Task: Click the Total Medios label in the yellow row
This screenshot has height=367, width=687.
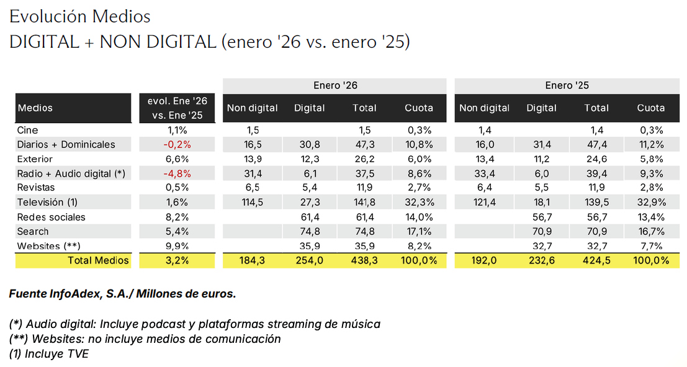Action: point(99,260)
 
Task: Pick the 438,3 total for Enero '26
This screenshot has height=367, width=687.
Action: point(364,260)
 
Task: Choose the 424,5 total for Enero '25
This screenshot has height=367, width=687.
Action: point(596,260)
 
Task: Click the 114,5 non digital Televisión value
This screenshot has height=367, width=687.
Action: point(252,202)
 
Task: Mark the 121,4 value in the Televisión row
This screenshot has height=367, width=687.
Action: point(484,202)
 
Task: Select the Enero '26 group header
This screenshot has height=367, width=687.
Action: point(335,86)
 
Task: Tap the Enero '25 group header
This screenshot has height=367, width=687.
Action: point(567,86)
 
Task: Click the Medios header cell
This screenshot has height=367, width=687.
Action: point(35,108)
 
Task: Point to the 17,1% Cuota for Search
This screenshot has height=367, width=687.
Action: point(419,231)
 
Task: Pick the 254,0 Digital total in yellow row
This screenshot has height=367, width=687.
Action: point(309,260)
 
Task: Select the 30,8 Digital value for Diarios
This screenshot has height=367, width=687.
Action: point(309,144)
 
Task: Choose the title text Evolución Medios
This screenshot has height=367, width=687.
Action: point(80,16)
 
